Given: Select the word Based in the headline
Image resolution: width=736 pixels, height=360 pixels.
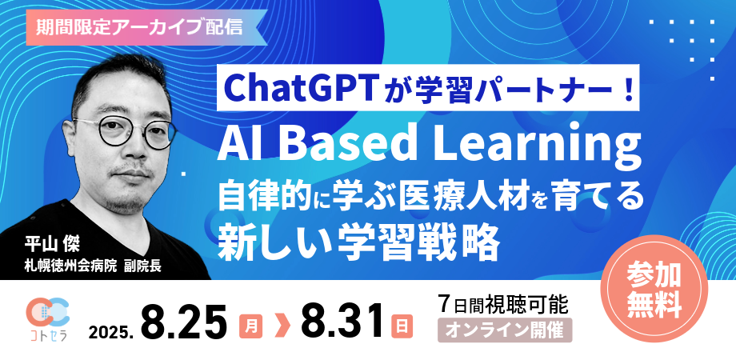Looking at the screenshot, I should [x=353, y=147].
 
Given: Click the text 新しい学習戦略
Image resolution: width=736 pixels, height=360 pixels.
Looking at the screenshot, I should [x=359, y=239].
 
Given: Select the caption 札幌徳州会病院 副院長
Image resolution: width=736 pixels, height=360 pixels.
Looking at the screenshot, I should [x=93, y=266].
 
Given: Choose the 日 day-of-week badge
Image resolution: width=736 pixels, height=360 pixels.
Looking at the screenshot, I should [x=401, y=326].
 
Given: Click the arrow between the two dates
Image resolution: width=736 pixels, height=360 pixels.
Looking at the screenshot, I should [x=280, y=326].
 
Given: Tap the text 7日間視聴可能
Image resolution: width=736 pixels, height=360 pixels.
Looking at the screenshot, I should [x=503, y=304].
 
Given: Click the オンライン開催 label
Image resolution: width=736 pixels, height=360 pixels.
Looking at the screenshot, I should [x=504, y=330].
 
